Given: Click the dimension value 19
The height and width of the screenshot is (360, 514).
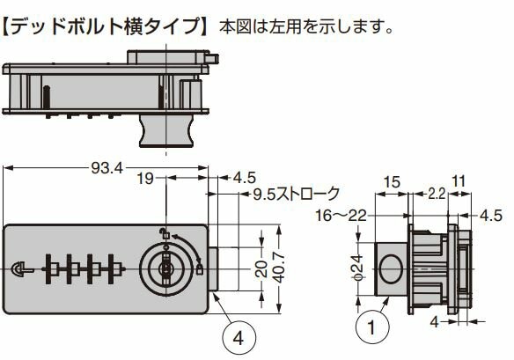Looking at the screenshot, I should coord(146,178).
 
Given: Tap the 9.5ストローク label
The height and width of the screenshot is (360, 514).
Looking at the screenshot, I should coord(295,195).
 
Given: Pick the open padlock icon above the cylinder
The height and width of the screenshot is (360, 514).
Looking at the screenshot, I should coord(164,232).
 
